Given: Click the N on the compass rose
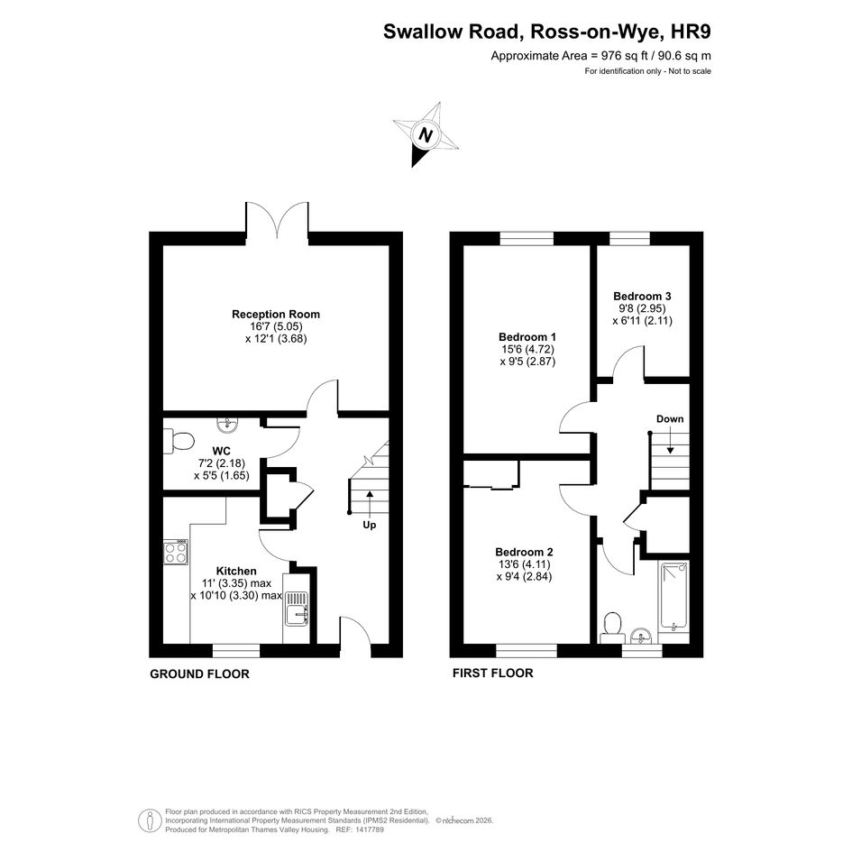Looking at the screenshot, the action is click(x=426, y=134).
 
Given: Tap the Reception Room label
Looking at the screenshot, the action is click(x=276, y=314).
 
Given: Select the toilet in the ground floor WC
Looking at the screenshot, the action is click(x=179, y=441).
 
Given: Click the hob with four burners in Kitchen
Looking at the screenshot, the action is click(x=176, y=552).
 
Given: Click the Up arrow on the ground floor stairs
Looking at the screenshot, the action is click(x=370, y=504).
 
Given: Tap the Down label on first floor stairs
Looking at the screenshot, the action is click(x=670, y=419).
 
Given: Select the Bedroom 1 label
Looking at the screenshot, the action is click(x=527, y=337).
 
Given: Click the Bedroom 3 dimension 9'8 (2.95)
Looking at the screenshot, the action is click(x=642, y=308).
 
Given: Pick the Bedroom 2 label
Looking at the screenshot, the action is click(x=524, y=552).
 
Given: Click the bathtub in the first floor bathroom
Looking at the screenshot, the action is click(x=673, y=598).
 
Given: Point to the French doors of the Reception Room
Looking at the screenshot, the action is click(x=277, y=220).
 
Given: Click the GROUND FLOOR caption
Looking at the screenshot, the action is click(x=199, y=673).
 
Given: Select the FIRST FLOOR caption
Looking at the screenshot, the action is click(x=493, y=673).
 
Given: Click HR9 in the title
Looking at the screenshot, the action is click(x=692, y=32).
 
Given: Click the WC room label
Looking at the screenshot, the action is click(x=222, y=451).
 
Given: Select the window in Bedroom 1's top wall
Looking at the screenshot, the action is click(x=527, y=238).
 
